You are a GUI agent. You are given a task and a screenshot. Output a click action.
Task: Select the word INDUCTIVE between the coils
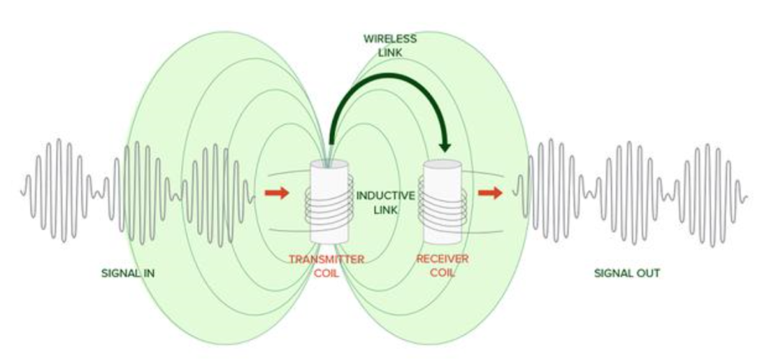pos(386,195)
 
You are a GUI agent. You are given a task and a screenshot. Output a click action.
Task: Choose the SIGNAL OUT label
pos(627,273)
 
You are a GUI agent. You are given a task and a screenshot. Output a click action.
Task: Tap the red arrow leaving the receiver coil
pos(491,193)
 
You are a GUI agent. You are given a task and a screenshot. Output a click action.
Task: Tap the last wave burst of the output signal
pos(712,190)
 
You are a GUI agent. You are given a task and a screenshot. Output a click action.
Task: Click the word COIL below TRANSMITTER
pos(326,273)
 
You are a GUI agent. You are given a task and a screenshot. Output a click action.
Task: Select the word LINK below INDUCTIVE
pos(386,210)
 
